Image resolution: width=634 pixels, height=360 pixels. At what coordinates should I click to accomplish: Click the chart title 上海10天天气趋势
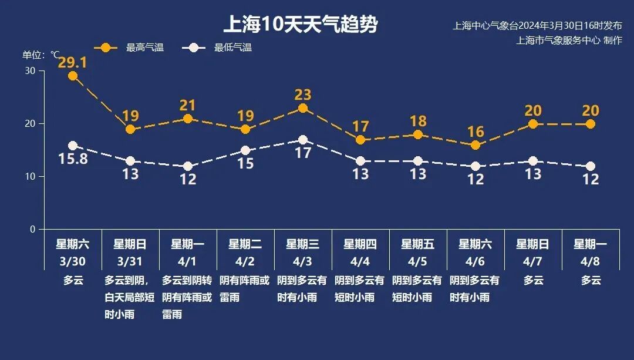click(300, 25)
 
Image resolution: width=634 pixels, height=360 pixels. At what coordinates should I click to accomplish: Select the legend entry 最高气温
click(144, 48)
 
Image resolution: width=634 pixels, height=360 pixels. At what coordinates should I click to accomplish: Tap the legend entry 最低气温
click(232, 48)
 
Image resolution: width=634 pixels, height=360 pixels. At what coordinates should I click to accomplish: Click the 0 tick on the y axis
click(33, 229)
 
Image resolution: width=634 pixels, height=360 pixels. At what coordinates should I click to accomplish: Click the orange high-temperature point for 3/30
click(73, 76)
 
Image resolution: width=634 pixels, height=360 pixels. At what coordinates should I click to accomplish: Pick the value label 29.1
click(73, 62)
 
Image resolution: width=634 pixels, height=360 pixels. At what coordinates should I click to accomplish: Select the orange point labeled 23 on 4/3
click(303, 108)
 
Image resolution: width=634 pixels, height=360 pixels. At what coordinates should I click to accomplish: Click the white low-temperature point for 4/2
click(245, 150)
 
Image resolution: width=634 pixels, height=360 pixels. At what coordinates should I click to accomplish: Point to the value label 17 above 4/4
click(360, 126)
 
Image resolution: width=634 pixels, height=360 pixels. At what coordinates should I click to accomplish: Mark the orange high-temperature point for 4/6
click(475, 145)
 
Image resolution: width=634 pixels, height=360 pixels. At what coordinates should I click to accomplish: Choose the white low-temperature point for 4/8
click(591, 166)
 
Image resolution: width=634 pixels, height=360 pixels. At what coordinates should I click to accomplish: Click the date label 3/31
click(130, 260)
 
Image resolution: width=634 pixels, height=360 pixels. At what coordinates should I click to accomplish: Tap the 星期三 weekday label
click(303, 244)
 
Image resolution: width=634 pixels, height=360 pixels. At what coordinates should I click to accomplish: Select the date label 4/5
click(418, 260)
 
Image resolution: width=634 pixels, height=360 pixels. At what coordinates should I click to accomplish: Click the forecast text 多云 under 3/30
click(73, 281)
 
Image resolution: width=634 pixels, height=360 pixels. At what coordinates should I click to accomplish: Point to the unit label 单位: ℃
click(41, 55)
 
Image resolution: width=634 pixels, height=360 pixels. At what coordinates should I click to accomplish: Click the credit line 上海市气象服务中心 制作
click(569, 41)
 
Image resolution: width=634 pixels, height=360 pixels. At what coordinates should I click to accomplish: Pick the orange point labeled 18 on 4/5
click(418, 134)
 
